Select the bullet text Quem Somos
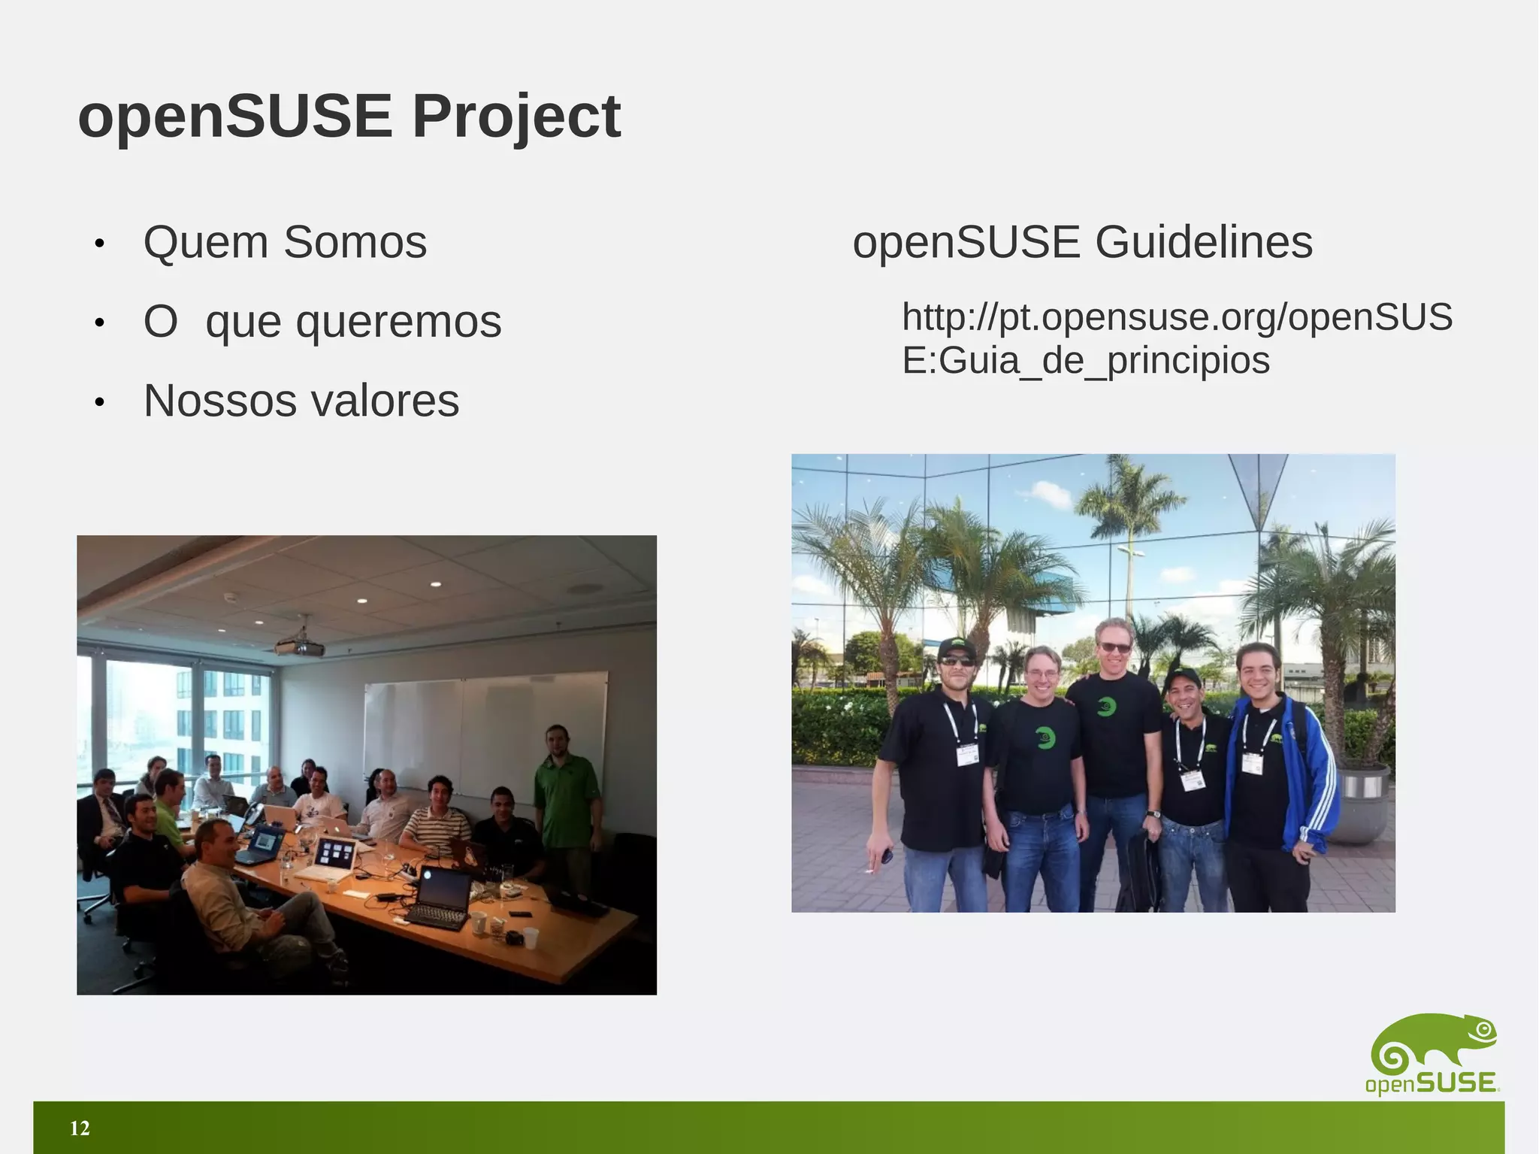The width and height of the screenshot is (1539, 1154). [x=285, y=242]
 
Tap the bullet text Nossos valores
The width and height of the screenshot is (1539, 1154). [x=301, y=400]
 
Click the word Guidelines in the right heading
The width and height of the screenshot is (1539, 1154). [x=1203, y=242]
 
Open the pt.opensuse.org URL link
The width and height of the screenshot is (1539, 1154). [x=1176, y=338]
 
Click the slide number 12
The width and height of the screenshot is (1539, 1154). [x=79, y=1128]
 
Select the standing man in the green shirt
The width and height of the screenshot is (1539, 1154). [x=565, y=789]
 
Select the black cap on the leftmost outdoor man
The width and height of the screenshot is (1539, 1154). [x=956, y=647]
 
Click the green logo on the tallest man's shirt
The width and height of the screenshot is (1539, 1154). [x=1106, y=707]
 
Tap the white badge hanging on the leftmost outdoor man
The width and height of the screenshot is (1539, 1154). [x=966, y=754]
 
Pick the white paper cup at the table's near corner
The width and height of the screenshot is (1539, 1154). [x=531, y=937]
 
